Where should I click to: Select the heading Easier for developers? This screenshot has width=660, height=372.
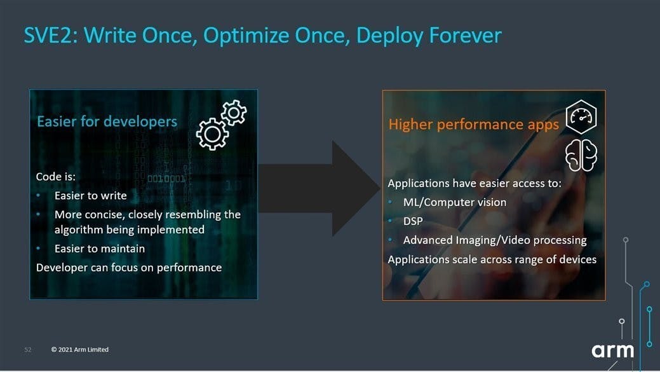[x=107, y=121]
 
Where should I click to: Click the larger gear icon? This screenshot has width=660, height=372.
[x=212, y=134]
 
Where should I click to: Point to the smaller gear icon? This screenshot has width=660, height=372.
[x=234, y=112]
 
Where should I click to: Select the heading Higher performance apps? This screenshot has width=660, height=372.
[x=473, y=125]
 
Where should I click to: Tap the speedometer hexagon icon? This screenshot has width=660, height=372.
[x=581, y=117]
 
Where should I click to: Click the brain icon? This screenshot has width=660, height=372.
[x=581, y=155]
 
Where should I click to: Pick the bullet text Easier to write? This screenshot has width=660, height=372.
[x=90, y=195]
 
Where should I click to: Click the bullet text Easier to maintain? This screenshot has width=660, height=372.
[x=100, y=249]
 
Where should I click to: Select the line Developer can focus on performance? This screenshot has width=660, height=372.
[x=129, y=268]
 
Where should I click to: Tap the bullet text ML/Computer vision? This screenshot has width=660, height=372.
[x=455, y=202]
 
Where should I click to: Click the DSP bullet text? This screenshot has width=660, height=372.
[x=413, y=221]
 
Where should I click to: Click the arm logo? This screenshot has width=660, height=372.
[x=613, y=350]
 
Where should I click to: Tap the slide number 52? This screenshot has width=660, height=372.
[x=28, y=350]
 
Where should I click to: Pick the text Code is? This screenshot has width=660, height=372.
[x=55, y=177]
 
